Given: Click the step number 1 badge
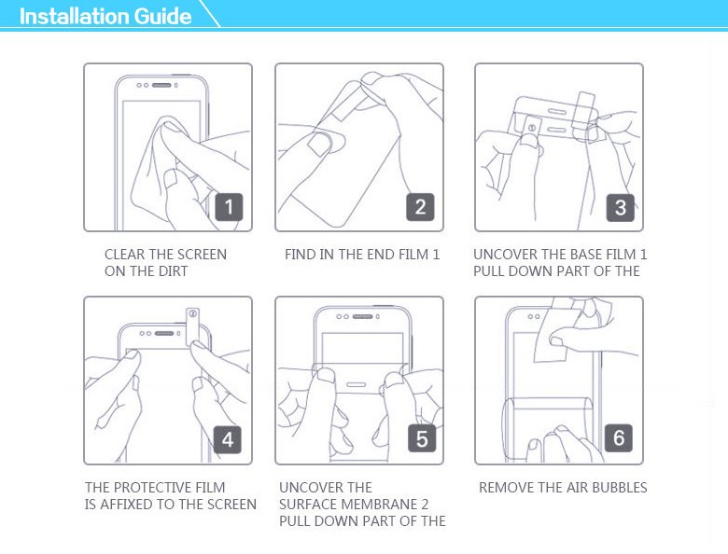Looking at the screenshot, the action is click(x=229, y=207).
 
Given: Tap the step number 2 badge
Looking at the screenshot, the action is click(x=420, y=207).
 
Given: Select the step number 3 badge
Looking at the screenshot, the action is click(x=621, y=207).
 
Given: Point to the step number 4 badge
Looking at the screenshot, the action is click(x=228, y=439).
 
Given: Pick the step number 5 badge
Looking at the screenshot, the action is click(x=422, y=438).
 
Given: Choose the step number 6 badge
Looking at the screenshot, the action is click(x=619, y=437).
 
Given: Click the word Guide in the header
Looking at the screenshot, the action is click(x=162, y=16).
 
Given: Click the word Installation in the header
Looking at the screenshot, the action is click(x=75, y=16).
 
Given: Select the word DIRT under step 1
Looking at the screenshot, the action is click(x=174, y=271).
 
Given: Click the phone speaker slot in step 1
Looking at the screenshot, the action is click(x=161, y=86).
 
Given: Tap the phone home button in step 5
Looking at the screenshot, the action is click(x=356, y=384).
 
